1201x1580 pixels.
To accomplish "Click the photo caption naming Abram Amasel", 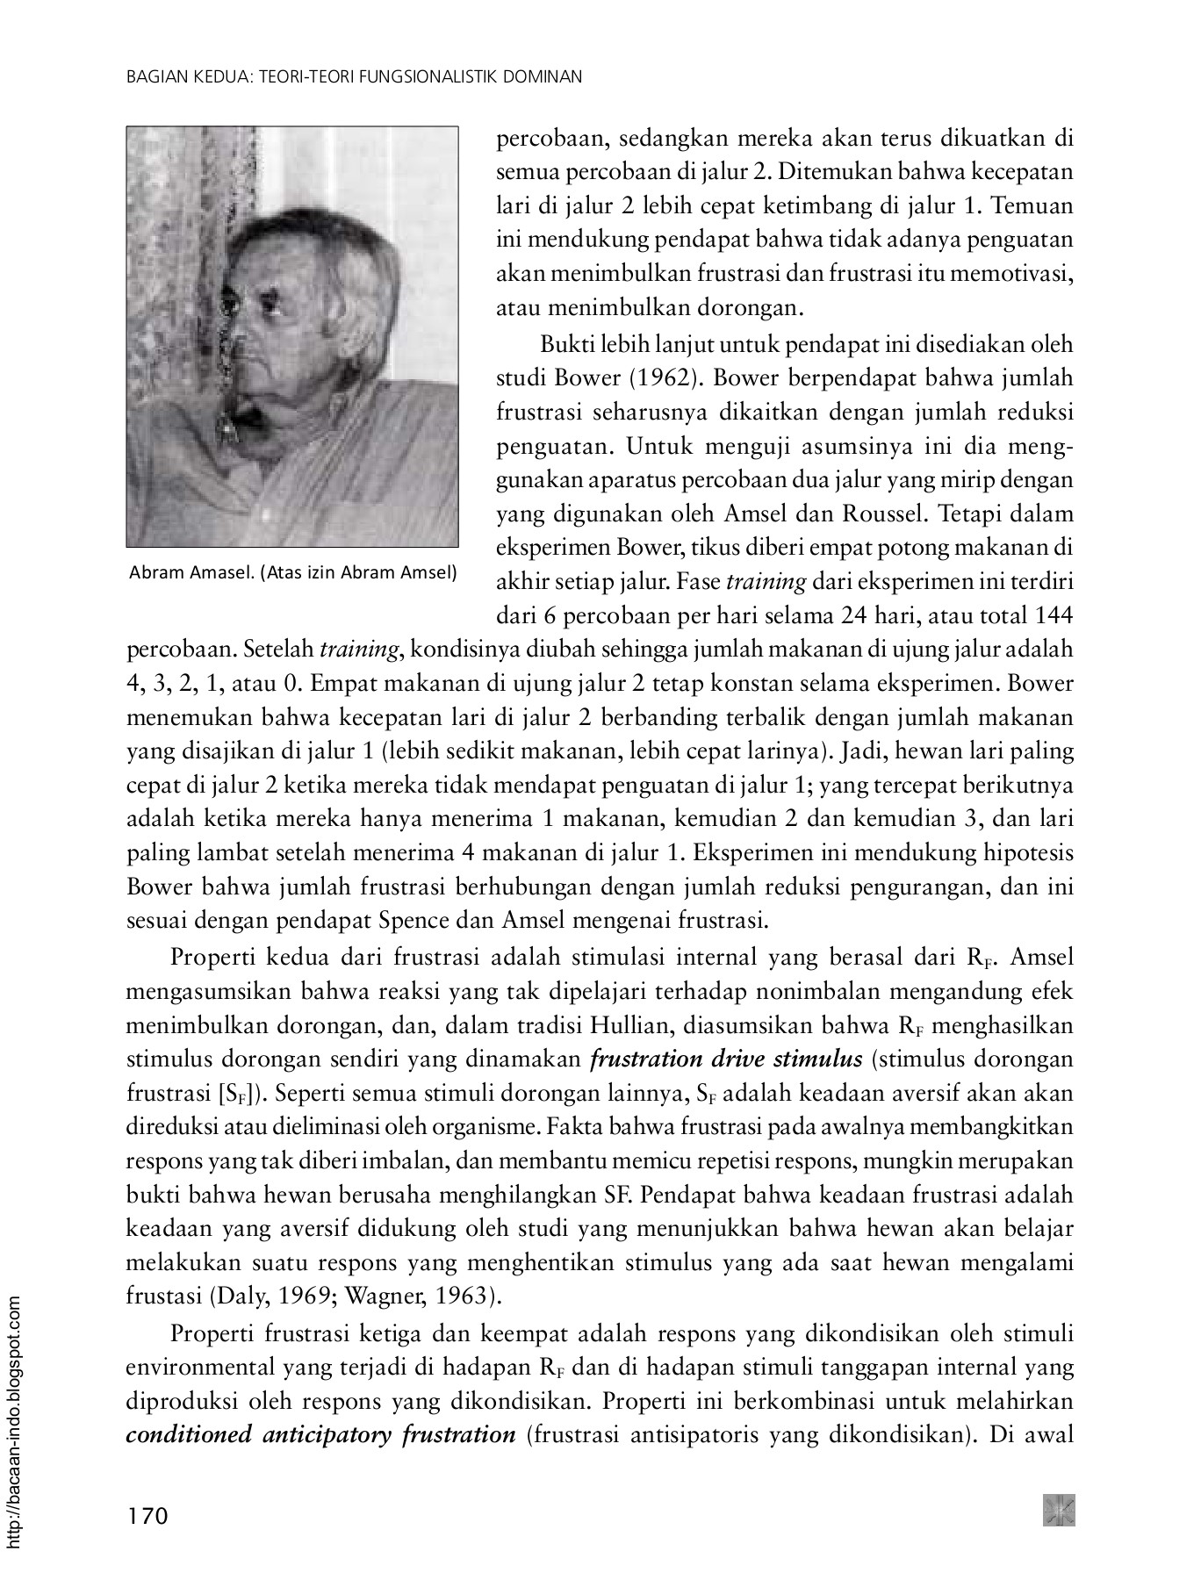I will point(292,573).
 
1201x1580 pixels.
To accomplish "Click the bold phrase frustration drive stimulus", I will point(728,1059).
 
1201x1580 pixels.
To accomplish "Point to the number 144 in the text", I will point(1054,616).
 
